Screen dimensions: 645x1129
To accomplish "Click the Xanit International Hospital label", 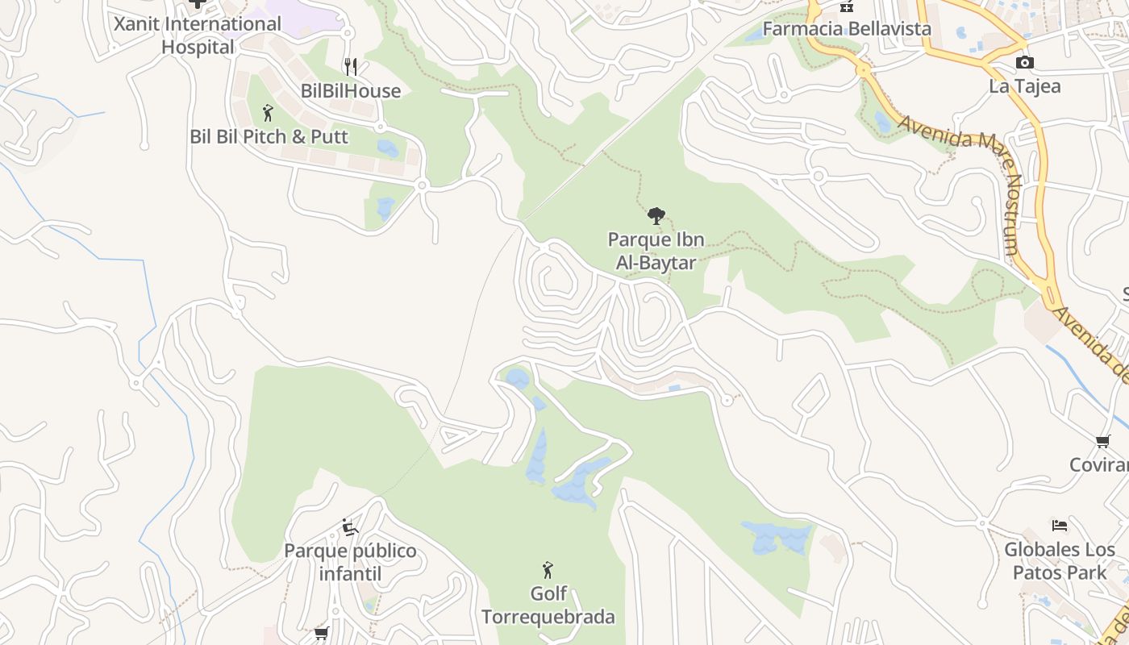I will click(198, 35).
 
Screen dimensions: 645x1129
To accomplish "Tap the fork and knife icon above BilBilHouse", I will click(350, 67).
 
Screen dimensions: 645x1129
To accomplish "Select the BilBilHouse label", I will click(351, 91).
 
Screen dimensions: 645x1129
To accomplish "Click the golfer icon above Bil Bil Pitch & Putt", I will click(268, 113).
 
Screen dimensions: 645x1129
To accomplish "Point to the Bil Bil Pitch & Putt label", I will click(269, 137).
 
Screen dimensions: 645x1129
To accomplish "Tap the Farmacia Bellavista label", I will click(847, 29).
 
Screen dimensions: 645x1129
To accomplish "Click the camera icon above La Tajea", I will click(1024, 63).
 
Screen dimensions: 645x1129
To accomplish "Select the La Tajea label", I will click(1024, 86).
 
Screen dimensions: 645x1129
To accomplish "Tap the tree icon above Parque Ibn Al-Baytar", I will click(656, 215).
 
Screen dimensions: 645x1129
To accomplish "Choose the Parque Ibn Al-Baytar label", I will click(656, 251).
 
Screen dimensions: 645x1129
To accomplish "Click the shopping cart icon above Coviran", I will click(1102, 441).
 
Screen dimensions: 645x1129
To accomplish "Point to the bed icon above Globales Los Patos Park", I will click(1060, 526).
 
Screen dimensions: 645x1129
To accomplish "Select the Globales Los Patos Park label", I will click(1060, 561).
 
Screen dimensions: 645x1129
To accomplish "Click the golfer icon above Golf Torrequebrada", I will click(548, 570).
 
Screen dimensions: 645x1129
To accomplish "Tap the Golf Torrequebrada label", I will click(548, 605).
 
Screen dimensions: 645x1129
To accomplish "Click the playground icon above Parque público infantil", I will click(350, 527).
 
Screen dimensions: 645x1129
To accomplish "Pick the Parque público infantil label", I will click(350, 563).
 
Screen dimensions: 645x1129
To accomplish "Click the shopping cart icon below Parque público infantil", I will click(322, 633).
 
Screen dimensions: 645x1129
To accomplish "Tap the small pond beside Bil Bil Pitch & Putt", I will click(388, 148).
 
